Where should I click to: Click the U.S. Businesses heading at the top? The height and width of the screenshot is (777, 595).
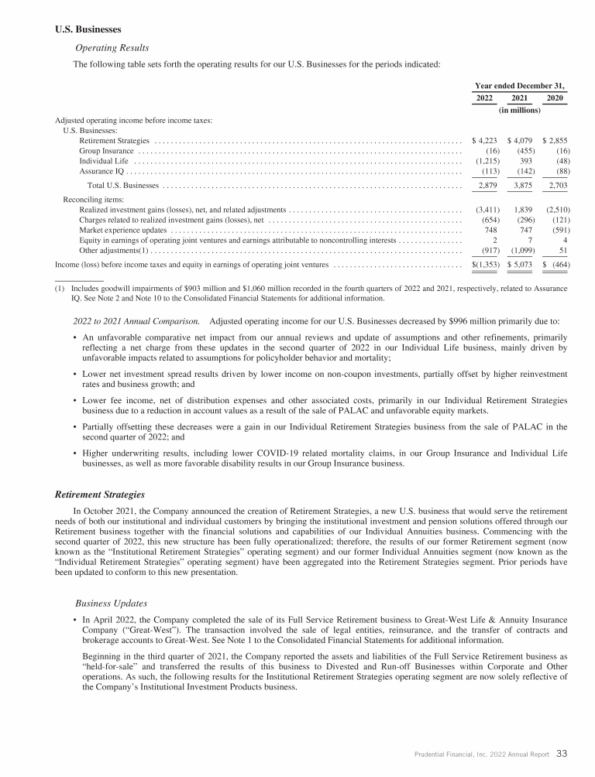coord(88,30)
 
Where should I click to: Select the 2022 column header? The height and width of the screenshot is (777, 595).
coord(483,98)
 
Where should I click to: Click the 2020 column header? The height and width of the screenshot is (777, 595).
coord(555,98)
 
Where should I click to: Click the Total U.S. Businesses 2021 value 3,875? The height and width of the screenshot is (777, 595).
coord(521,187)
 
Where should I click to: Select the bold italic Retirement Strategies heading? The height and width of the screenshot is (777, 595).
coord(103,493)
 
